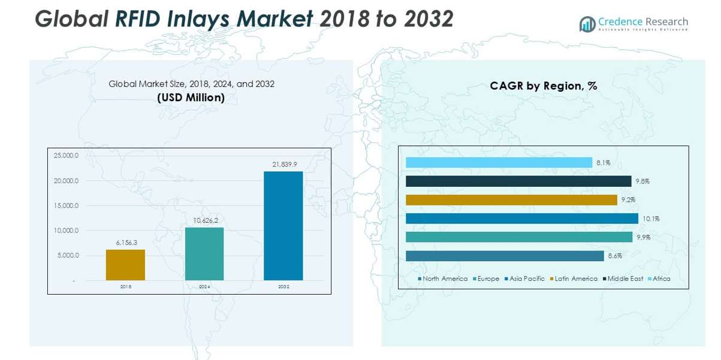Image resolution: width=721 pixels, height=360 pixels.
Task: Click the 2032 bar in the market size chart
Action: point(283,226)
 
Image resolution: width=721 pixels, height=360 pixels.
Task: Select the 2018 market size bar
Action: point(125,265)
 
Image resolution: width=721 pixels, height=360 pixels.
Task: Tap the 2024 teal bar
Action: point(204,254)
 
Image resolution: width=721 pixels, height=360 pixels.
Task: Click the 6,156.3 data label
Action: point(127,243)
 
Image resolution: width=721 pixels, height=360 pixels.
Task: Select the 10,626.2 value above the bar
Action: point(205,220)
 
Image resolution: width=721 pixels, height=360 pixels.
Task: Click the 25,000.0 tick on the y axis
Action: point(66,156)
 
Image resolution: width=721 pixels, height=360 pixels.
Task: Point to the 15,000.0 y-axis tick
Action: point(66,205)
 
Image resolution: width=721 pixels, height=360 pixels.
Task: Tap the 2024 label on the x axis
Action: point(204,287)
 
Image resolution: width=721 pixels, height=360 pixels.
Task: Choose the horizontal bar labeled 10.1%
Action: point(521,219)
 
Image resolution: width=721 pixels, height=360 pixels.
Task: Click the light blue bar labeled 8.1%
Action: point(499,162)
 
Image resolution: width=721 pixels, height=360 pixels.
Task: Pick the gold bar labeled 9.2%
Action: point(511,200)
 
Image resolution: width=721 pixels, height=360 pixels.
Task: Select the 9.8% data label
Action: point(643,181)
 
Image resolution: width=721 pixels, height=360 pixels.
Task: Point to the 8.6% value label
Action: point(615,256)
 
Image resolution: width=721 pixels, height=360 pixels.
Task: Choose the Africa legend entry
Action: point(661,279)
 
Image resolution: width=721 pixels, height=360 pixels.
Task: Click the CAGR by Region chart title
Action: point(543,86)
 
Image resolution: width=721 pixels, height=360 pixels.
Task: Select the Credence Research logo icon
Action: point(587,24)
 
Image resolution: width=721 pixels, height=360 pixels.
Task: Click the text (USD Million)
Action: point(191,98)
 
